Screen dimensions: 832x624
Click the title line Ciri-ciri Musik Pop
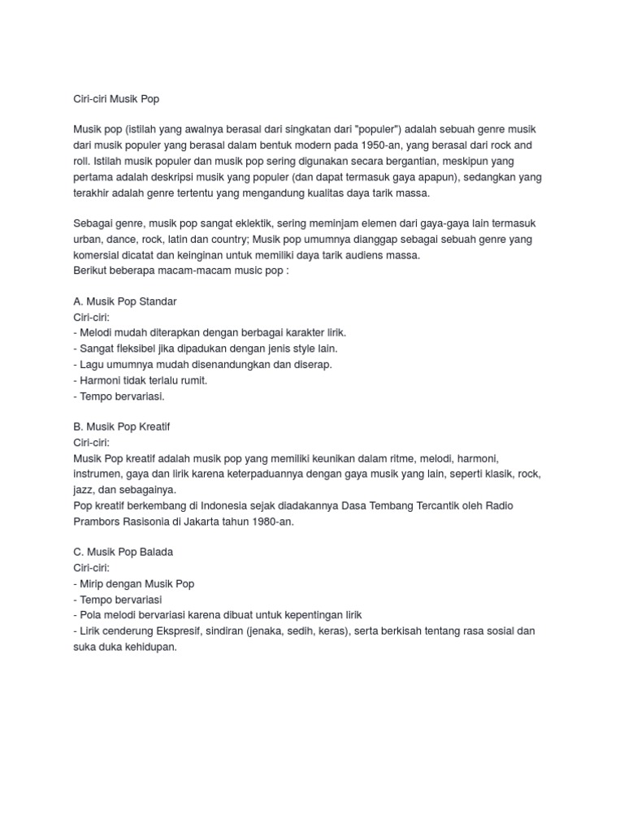coord(116,99)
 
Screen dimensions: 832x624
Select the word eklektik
coord(253,223)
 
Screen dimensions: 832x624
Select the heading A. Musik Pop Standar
coord(124,301)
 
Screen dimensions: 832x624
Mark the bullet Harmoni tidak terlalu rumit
coord(141,379)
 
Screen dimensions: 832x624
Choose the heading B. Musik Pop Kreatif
coord(121,427)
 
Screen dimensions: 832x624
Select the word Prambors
coord(101,521)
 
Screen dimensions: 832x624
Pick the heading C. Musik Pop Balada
coord(123,552)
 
